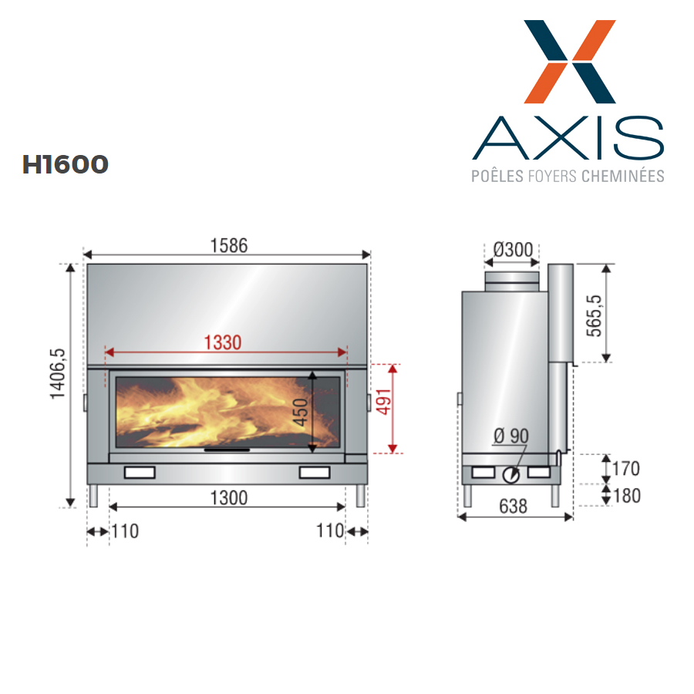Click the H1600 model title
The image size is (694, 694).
point(65,164)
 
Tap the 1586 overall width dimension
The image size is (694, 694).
point(228,246)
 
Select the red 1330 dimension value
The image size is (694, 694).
point(223,342)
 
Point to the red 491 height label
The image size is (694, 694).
point(384,402)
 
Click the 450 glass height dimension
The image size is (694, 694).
point(301,412)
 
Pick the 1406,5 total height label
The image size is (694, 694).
point(58,374)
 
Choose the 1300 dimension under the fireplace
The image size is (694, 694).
point(228,498)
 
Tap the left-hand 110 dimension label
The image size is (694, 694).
point(125,531)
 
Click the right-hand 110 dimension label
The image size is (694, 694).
point(330,531)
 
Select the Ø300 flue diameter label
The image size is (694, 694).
point(513,250)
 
